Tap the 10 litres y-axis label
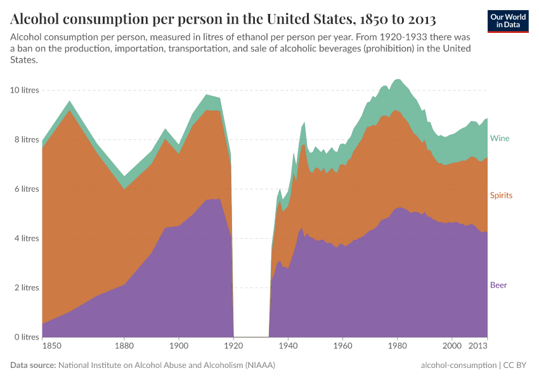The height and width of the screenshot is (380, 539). (x=25, y=90)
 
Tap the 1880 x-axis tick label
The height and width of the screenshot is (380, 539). (x=124, y=346)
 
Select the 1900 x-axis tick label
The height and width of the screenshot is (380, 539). (x=179, y=346)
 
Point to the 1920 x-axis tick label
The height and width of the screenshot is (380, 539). (x=234, y=346)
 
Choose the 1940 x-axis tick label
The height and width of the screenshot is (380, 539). (x=289, y=346)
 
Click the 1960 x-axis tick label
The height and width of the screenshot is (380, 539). (x=343, y=346)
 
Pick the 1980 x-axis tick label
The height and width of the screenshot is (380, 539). (x=398, y=346)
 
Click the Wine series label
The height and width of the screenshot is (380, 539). (x=500, y=138)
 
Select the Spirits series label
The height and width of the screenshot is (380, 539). (x=501, y=195)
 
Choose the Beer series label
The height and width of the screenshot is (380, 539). (x=498, y=285)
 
